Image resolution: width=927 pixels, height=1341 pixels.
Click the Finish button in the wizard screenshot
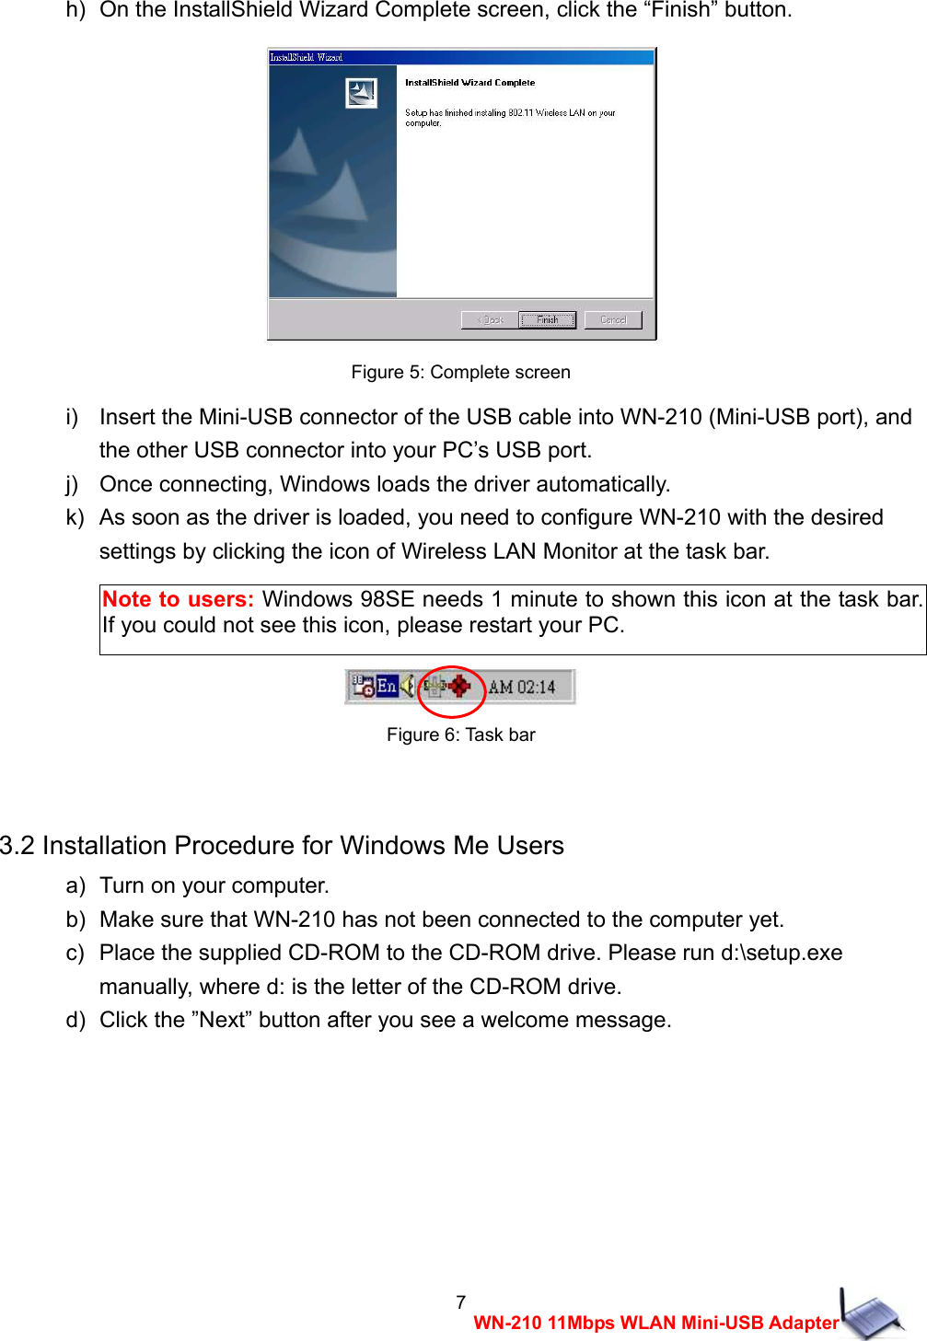547,319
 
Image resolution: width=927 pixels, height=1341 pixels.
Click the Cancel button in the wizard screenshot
613,319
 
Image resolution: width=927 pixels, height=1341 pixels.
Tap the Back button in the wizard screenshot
489,319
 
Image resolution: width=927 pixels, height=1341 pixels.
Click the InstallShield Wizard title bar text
306,57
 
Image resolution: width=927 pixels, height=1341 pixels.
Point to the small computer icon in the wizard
361,93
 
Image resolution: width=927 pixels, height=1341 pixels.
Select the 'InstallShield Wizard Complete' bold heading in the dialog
469,83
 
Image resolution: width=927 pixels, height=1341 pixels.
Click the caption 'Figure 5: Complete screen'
460,372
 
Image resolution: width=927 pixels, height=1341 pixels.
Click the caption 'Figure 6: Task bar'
460,734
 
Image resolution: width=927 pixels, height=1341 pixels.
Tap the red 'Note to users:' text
178,599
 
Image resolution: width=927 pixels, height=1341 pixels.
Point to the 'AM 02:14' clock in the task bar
521,687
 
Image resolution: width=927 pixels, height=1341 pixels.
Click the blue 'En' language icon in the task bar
387,686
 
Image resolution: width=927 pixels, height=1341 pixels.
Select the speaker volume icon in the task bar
407,686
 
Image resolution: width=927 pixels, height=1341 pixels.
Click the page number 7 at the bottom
461,1301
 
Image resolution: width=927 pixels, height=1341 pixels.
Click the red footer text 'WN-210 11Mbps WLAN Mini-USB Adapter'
655,1323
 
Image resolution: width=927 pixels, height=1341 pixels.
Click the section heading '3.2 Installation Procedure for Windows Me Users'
282,845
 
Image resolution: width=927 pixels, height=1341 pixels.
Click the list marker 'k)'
75,517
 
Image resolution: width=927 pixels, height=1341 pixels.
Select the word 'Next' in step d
222,1020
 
